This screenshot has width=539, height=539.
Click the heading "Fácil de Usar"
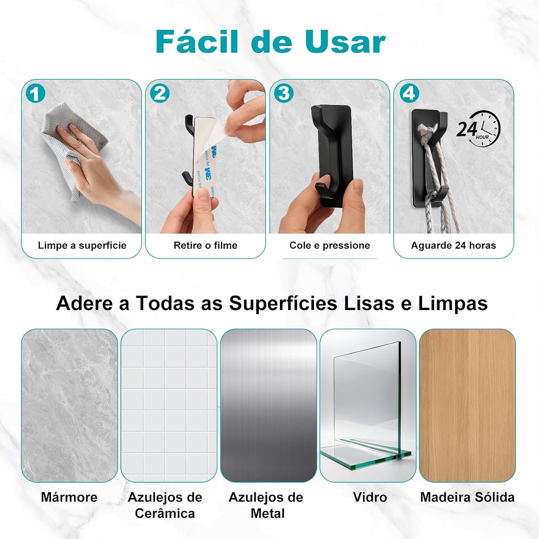click(271, 41)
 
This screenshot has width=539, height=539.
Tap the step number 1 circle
click(35, 94)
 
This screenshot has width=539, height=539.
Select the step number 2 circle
click(160, 94)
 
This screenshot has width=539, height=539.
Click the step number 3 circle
click(284, 94)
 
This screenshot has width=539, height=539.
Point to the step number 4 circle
click(409, 94)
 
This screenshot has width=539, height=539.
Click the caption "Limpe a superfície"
click(82, 245)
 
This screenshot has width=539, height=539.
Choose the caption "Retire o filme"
click(206, 245)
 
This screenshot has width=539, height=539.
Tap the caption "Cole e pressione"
click(330, 245)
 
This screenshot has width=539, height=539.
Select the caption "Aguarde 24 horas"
click(453, 245)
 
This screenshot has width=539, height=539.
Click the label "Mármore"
click(69, 497)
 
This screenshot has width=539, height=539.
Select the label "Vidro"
click(370, 497)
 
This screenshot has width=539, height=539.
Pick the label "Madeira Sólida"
click(467, 497)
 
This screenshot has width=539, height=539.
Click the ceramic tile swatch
click(169, 405)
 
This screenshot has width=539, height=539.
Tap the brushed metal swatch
click(268, 405)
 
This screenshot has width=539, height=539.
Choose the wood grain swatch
click(467, 405)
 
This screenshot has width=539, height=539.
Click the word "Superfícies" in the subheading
click(283, 303)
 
